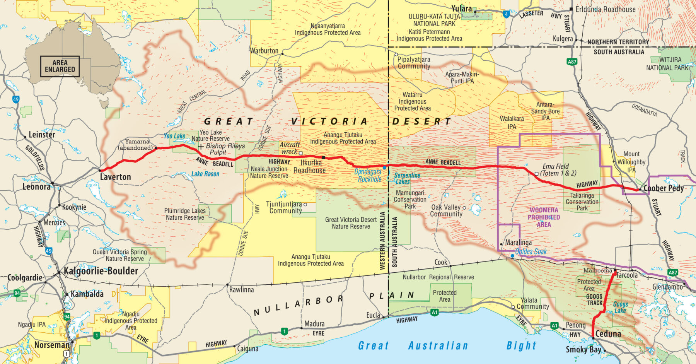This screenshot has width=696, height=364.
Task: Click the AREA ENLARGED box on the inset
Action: tap(60, 66)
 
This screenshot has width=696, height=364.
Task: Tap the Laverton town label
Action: tap(115, 177)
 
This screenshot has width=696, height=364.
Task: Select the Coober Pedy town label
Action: tap(664, 188)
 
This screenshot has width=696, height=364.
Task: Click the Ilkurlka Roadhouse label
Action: tap(309, 167)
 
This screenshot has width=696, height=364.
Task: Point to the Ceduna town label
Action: tap(608, 333)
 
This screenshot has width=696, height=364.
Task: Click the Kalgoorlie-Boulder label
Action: tap(101, 271)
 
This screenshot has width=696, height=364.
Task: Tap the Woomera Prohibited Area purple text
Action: tap(544, 217)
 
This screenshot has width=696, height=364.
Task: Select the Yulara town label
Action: tap(462, 9)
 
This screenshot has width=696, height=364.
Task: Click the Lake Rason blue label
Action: tap(205, 174)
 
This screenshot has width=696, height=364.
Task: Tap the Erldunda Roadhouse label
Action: tap(605, 9)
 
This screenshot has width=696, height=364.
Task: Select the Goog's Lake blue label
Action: tap(620, 308)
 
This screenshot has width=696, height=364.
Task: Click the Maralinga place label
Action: tap(518, 243)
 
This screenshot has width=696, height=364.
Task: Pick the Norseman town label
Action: tap(52, 345)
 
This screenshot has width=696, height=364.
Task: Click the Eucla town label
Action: tap(373, 315)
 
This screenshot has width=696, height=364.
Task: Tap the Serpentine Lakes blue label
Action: tap(407, 178)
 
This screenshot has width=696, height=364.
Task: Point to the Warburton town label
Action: tap(264, 51)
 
